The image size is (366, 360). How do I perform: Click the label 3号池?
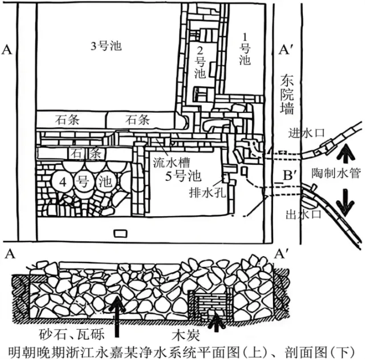pos(106,46)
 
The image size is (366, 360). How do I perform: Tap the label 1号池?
pos(245,49)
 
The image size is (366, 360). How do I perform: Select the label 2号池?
pos(200,62)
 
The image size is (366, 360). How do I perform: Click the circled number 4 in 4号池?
pos(63,182)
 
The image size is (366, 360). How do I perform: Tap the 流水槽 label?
pos(172,163)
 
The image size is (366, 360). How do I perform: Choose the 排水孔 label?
pos(208,192)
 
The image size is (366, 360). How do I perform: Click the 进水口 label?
pos(307,133)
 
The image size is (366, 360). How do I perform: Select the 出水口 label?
pos(304,214)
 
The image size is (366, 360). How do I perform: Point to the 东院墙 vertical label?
pos(287,94)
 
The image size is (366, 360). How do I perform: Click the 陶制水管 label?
pos(336,173)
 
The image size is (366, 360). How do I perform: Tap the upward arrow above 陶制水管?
pos(347,153)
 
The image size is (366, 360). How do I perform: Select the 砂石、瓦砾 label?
pos(71,334)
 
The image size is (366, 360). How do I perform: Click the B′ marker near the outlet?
pos(288,175)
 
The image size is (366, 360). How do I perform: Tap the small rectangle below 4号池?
pos(120,233)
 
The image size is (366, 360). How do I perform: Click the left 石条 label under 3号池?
pos(67,120)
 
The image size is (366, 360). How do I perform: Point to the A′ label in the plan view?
pos(284,50)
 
